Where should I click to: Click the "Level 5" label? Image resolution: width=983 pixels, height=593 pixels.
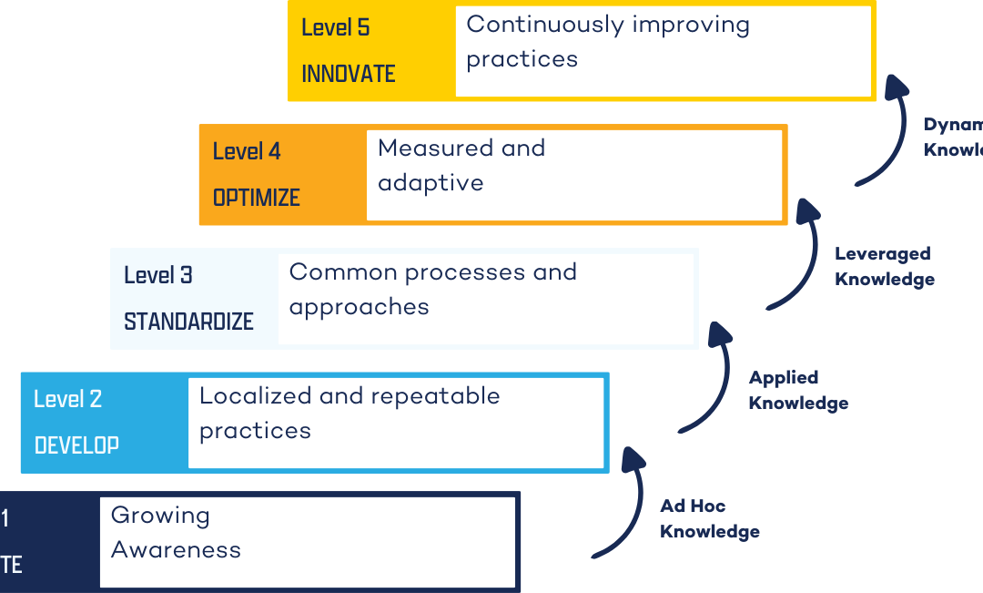pyautogui.click(x=335, y=27)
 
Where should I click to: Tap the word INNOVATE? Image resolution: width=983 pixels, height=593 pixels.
pyautogui.click(x=349, y=74)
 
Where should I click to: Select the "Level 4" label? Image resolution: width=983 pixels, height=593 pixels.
pyautogui.click(x=247, y=151)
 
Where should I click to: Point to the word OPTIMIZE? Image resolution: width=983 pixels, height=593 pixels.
pyautogui.click(x=257, y=198)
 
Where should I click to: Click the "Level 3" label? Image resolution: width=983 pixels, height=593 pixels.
pyautogui.click(x=158, y=275)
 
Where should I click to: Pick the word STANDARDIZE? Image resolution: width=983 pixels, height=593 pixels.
pyautogui.click(x=188, y=322)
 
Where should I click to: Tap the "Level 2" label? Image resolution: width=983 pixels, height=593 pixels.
pyautogui.click(x=68, y=399)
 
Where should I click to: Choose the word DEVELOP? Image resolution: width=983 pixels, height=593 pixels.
pyautogui.click(x=76, y=445)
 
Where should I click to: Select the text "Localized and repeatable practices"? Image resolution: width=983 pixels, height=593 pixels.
pyautogui.click(x=350, y=413)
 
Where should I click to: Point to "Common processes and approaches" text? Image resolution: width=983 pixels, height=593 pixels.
pyautogui.click(x=432, y=289)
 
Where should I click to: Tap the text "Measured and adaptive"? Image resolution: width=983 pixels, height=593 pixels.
pyautogui.click(x=461, y=165)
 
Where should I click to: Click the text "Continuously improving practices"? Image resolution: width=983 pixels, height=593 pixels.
pyautogui.click(x=607, y=41)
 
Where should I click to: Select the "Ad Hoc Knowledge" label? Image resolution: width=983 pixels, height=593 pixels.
pyautogui.click(x=709, y=518)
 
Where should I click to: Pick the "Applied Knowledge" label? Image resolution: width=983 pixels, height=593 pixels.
pyautogui.click(x=798, y=390)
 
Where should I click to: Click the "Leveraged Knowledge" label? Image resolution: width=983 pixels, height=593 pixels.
pyautogui.click(x=884, y=266)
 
